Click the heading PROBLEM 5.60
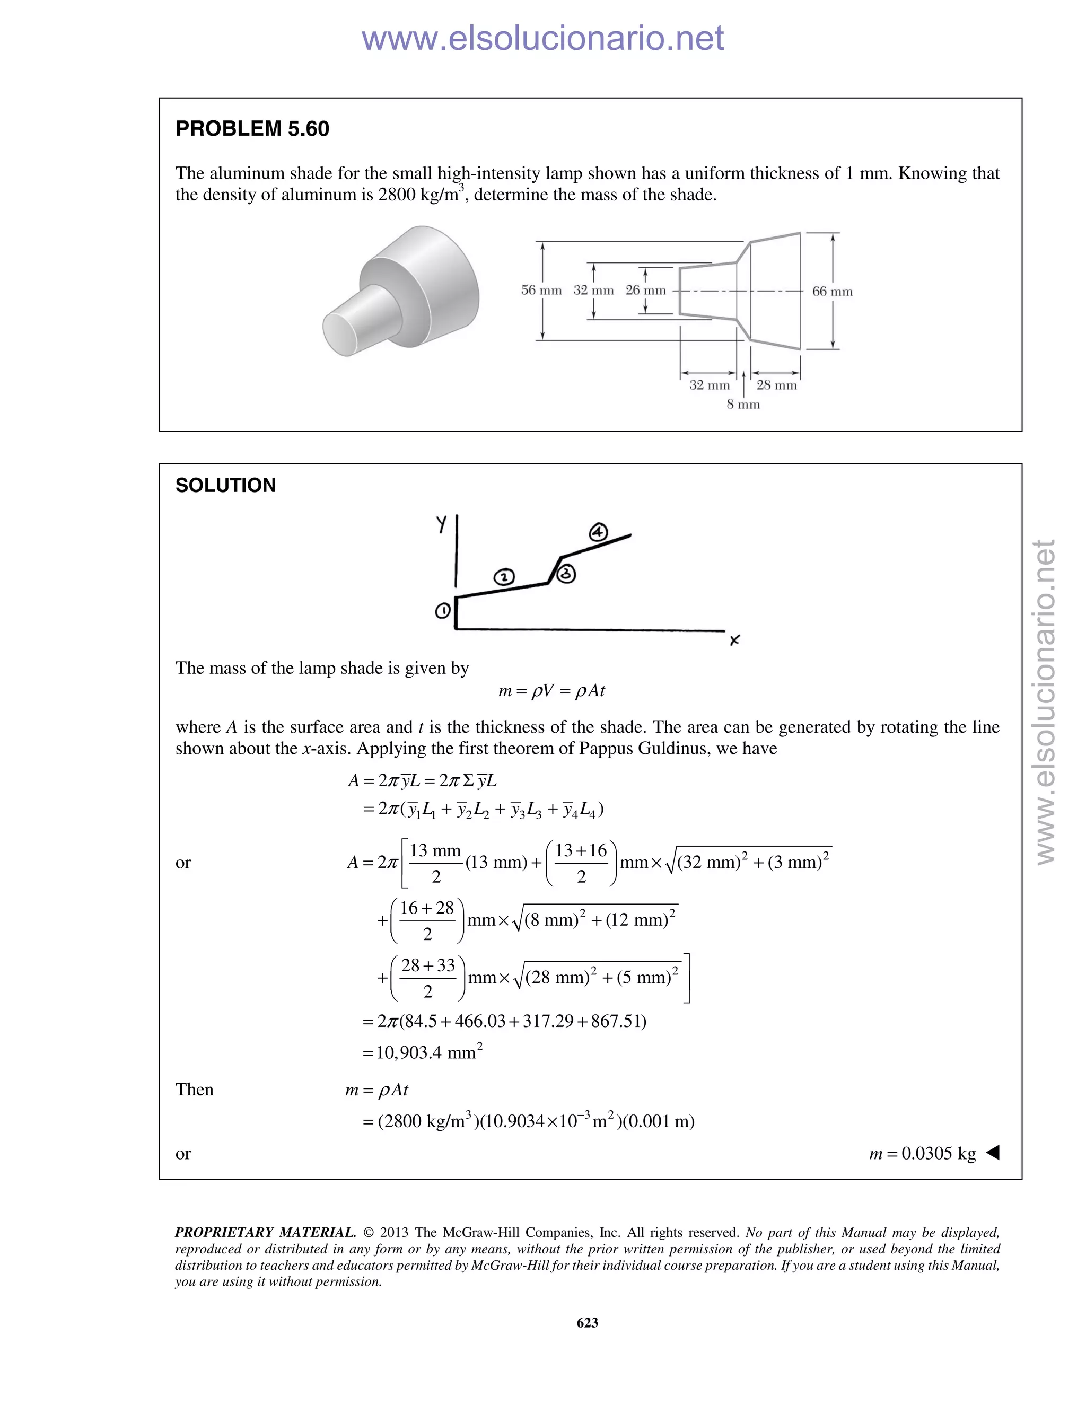coord(252,129)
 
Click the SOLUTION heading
coord(225,485)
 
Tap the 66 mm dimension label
coord(832,292)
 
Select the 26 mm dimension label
coord(645,290)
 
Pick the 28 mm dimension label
coord(776,385)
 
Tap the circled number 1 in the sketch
coord(443,610)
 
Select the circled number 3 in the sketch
coord(565,574)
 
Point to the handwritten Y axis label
coord(441,524)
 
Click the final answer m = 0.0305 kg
coord(922,1154)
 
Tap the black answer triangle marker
coord(993,1153)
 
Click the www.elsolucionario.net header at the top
coord(542,38)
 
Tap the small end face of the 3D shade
coord(344,331)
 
